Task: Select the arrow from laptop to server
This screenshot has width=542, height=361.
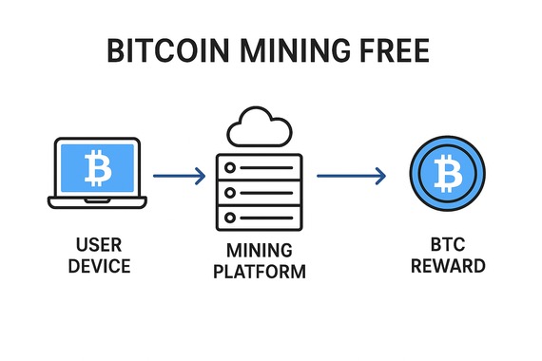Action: click(x=179, y=176)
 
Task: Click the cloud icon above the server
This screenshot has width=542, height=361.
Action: click(x=259, y=127)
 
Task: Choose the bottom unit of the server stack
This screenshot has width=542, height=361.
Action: click(x=259, y=218)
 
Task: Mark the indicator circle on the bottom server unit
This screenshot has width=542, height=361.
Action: click(x=230, y=218)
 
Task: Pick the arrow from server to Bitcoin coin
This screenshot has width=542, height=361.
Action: click(x=350, y=176)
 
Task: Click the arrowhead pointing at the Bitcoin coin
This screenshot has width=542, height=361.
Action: click(x=380, y=176)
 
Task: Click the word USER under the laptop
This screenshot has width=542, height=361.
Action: click(x=95, y=244)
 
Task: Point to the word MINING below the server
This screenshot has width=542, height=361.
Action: click(x=259, y=252)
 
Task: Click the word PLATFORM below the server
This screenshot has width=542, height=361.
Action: click(x=259, y=274)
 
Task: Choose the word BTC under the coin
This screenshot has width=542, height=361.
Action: click(x=447, y=244)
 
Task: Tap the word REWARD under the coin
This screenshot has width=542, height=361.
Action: click(x=447, y=266)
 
